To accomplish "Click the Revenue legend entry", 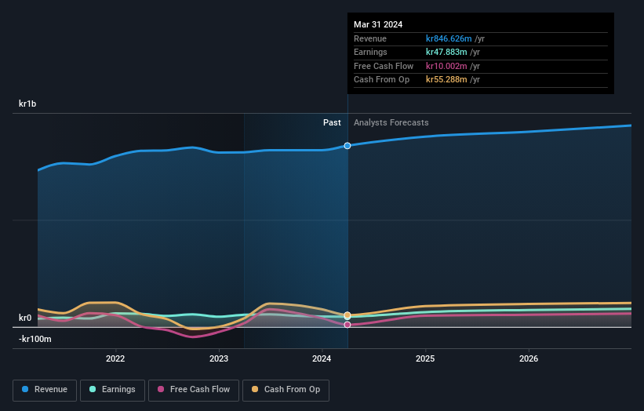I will click(45, 389).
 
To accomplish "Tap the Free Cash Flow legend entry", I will click(192, 389).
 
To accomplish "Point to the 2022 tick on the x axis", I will click(115, 358).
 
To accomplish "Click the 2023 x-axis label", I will click(219, 358).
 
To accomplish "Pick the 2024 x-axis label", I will click(322, 358).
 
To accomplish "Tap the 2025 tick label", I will click(425, 358).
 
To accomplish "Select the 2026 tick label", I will click(529, 358).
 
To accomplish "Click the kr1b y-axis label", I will click(28, 104).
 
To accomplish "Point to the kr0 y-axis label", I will click(25, 318).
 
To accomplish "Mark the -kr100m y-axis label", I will click(35, 339).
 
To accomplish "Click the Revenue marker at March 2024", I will click(347, 146).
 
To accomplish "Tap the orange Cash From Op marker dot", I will click(347, 315).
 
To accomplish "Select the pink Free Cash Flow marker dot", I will click(347, 325).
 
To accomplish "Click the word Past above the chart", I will click(332, 122).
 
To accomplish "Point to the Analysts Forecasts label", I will click(391, 122).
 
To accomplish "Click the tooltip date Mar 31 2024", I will click(378, 24).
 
